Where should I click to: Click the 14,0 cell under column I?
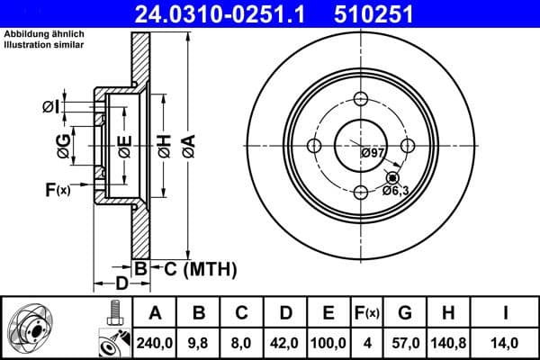point(505,343)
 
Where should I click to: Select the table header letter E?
point(328,313)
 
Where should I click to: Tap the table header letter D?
point(286,313)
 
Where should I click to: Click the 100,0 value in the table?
point(328,343)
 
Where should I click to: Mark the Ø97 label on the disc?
point(373,153)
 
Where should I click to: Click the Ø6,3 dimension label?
point(396,190)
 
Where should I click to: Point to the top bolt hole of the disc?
point(362,100)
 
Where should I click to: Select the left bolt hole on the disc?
point(315,146)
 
